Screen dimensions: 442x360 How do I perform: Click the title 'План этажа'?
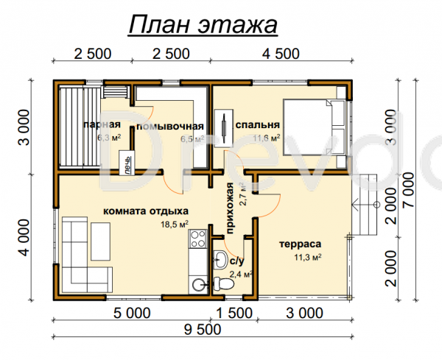coord(203,25)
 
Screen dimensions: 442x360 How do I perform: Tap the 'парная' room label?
coord(102,124)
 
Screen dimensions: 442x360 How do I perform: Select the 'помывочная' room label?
coord(170,127)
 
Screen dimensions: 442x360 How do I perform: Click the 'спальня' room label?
coord(258,124)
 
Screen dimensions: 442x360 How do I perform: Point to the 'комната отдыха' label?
coord(146,211)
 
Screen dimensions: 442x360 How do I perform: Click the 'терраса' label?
coord(301,244)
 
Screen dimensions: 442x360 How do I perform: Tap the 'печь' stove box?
coord(127,163)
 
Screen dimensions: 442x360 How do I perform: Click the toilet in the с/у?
coord(223,283)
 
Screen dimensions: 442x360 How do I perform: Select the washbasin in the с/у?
coord(220,259)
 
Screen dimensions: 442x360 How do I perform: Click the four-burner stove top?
coord(197,239)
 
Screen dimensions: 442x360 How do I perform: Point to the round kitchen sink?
coord(198,285)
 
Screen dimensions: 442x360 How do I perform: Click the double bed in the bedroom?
coord(315,127)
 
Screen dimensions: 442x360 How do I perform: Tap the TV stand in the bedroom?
coord(224,128)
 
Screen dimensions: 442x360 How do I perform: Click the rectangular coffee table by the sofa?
coord(100,241)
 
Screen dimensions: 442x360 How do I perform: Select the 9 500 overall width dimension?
coord(203,330)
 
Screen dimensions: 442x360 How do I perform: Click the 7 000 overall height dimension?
coord(409,190)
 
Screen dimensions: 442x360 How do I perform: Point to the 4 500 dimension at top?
coord(281,54)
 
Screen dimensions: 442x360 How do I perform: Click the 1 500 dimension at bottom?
coord(234,313)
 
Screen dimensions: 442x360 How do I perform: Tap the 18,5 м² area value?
coord(175,225)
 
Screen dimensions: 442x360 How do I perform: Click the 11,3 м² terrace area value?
coord(308,257)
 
